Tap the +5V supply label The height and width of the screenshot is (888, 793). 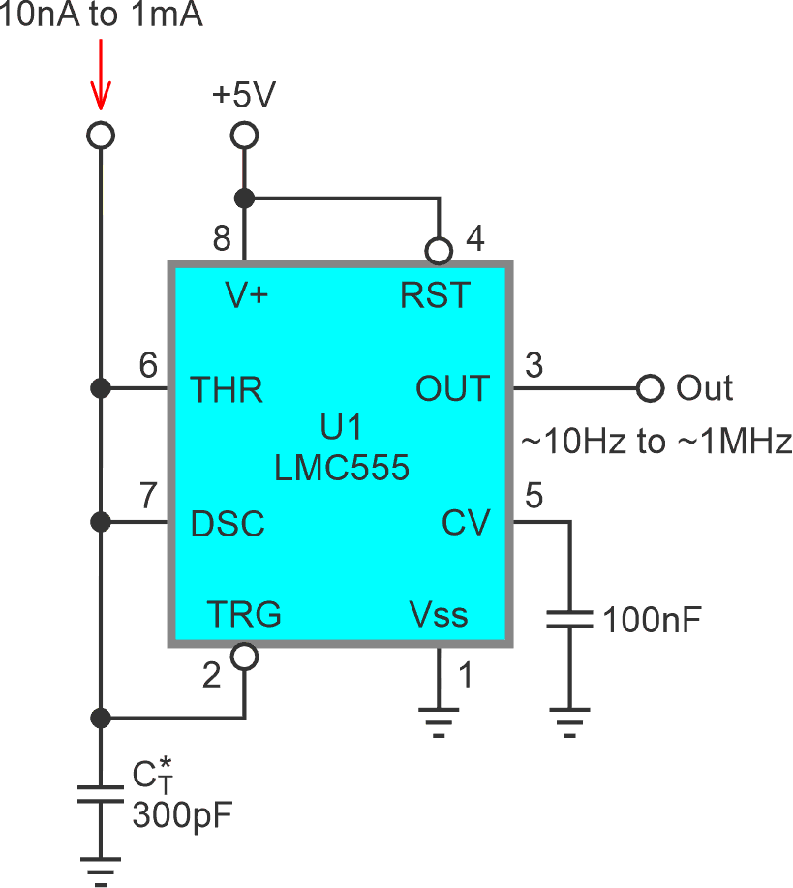coord(244,96)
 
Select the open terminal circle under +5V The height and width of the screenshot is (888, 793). coord(244,135)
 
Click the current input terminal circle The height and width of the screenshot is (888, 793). coord(100,135)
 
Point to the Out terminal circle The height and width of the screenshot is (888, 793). coord(650,389)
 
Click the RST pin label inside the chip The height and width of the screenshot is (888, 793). coord(435,295)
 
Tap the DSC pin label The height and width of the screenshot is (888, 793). coord(228,524)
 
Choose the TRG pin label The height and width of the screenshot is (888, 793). coord(244,614)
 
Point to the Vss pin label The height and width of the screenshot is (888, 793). coord(439,614)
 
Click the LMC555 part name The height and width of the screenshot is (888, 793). coord(342,469)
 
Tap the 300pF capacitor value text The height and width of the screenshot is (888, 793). coord(181,815)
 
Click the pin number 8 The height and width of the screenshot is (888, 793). coord(222,238)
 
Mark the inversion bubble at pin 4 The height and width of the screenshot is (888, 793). coord(439,251)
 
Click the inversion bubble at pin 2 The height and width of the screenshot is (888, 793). coord(244,658)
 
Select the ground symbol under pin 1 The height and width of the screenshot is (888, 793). coord(439,721)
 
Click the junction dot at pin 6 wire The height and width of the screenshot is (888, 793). coord(100,389)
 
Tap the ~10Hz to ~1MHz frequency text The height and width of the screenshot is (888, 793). coord(656,442)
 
